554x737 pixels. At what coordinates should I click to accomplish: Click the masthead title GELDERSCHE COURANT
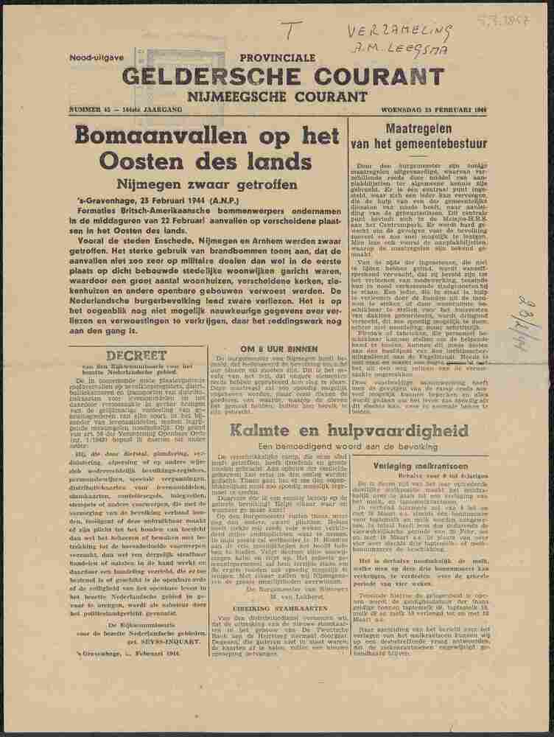[x=263, y=77]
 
